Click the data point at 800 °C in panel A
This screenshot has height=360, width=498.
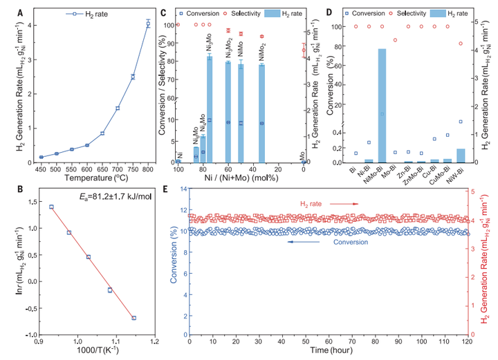[x=148, y=23]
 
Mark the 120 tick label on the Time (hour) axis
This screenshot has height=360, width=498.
[x=468, y=341]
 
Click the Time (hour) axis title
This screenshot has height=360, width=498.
[x=329, y=352]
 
